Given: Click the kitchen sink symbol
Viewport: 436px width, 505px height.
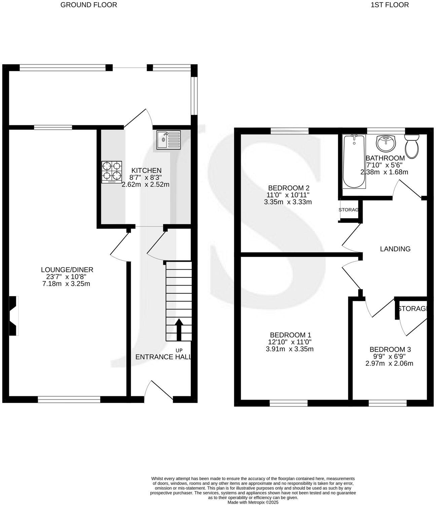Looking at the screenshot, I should [169, 140].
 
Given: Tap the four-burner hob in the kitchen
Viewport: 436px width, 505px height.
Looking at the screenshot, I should [111, 172].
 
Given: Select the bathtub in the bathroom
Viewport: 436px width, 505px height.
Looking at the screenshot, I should [354, 162].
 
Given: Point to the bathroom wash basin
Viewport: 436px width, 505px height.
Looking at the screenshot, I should [387, 144].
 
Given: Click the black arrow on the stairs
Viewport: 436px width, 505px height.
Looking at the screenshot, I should [178, 330].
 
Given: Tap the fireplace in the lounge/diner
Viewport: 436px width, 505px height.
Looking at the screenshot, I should [13, 316].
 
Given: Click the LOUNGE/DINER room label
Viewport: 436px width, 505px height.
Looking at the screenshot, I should [67, 270].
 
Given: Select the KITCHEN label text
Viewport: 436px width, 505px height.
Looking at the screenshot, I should [146, 170].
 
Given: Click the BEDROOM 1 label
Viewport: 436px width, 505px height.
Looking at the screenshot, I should [290, 335].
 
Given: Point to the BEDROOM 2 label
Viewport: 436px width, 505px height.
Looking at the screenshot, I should [288, 188].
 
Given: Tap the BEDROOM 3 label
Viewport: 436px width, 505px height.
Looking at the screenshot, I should [390, 349].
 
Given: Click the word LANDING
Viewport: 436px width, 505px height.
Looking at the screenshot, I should [395, 249].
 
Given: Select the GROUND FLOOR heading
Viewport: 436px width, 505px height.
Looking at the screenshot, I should [89, 5].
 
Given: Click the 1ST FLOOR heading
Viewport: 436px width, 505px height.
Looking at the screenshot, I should [390, 5].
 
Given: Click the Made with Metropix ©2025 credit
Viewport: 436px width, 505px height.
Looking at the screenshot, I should [253, 502].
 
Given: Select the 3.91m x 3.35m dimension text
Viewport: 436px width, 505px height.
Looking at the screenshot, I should [290, 349].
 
